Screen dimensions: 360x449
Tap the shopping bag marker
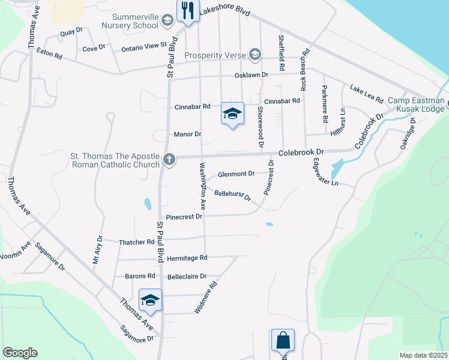282,341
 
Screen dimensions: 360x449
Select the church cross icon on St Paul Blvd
169,160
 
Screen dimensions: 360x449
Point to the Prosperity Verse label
215,55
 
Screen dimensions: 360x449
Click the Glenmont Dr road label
237,173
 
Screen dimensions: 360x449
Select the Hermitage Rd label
188,257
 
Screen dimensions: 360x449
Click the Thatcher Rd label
137,242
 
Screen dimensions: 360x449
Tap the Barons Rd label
140,276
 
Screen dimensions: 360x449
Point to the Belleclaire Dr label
187,277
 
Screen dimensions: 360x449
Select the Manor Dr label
187,134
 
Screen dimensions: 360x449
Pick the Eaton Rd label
49,55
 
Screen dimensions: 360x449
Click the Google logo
20,353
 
